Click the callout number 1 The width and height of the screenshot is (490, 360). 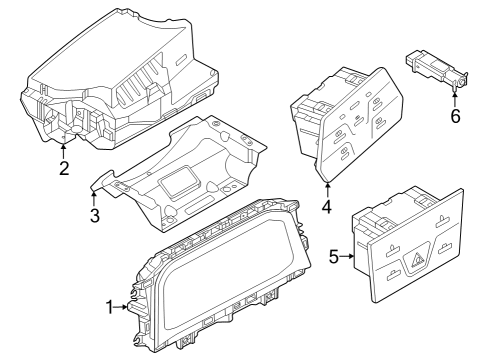click(110, 307)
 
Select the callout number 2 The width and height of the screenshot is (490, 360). click(64, 168)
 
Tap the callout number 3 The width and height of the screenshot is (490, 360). click(95, 215)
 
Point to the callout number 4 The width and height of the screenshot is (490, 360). click(327, 206)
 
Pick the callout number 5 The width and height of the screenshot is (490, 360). click(334, 256)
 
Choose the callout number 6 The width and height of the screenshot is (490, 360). click(455, 116)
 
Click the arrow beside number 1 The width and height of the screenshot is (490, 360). click(121, 307)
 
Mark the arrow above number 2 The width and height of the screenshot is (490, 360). click(63, 150)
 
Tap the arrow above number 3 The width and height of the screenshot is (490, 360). click(94, 197)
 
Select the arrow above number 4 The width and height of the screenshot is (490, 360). click(327, 190)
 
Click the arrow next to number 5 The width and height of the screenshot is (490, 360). click(347, 256)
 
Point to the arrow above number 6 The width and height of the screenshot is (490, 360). click(455, 99)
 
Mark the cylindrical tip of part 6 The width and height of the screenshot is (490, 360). click(462, 81)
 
